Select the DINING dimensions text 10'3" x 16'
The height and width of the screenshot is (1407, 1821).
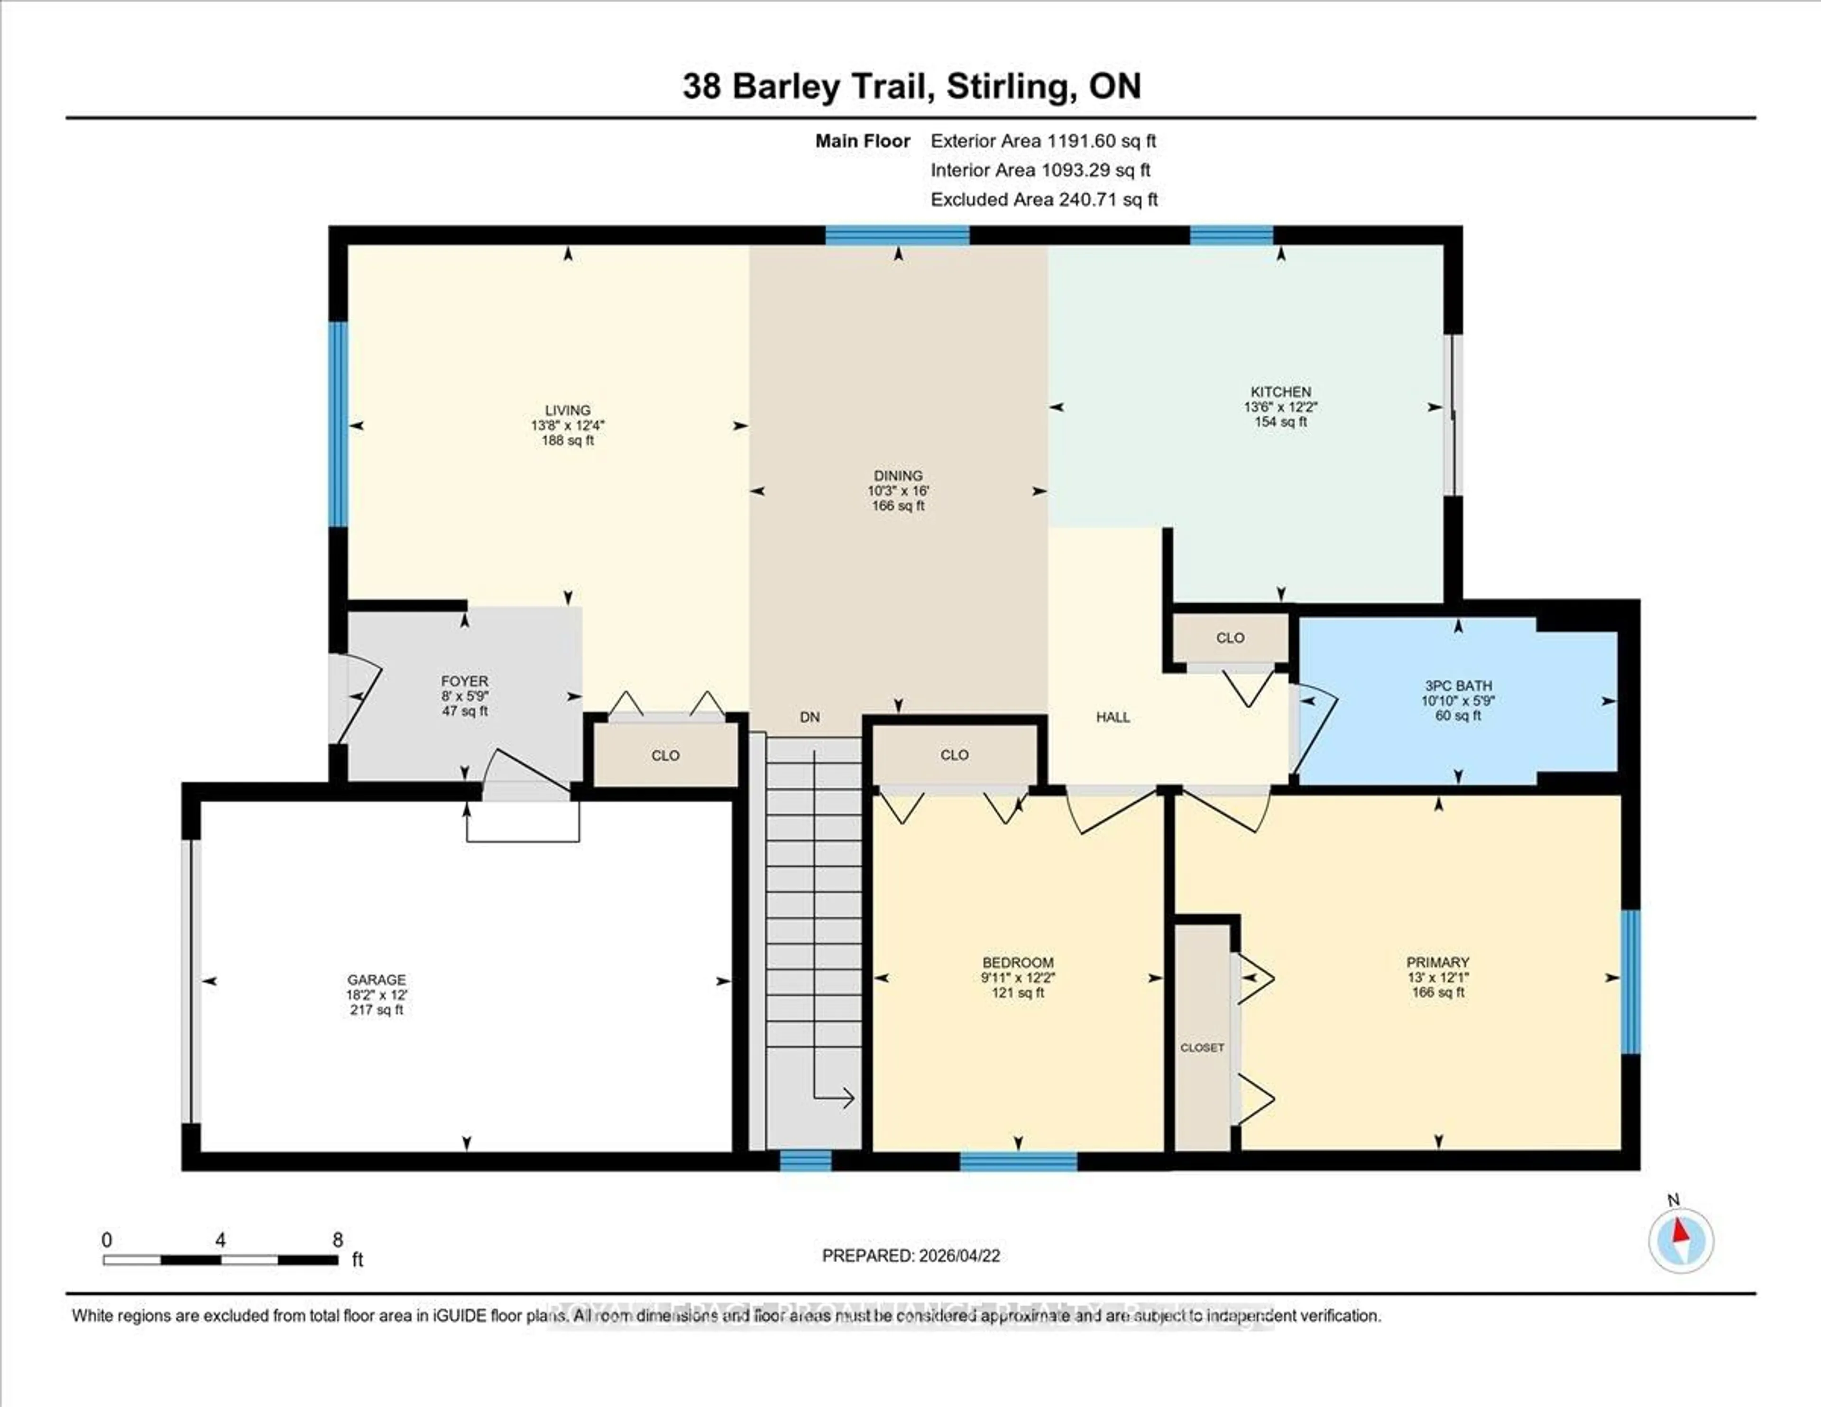[x=898, y=491]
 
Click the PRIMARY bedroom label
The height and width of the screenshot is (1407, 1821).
[x=1437, y=962]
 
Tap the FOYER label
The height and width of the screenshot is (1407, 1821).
[x=464, y=681]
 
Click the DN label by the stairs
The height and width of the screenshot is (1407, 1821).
[x=809, y=716]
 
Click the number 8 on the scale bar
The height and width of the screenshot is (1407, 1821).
[x=338, y=1240]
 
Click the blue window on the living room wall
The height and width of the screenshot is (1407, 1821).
[x=338, y=424]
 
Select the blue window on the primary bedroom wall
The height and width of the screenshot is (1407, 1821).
[x=1630, y=981]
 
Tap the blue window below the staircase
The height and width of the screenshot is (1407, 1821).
[x=805, y=1160]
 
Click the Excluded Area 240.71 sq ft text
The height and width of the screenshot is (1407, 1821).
[x=1044, y=199]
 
